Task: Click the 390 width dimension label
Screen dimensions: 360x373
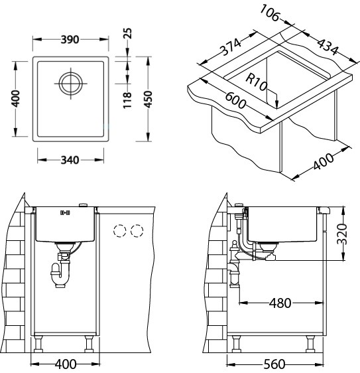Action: [70, 39]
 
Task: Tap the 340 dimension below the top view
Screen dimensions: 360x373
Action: [70, 160]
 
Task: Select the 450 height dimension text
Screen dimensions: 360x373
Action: [149, 99]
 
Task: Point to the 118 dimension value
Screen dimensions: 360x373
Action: [127, 100]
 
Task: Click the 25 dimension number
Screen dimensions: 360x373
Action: [127, 33]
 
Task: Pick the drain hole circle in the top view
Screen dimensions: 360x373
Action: [71, 84]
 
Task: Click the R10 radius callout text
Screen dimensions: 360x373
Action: [257, 82]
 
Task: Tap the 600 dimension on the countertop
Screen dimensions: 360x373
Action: [235, 100]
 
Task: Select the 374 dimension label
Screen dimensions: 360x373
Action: [230, 47]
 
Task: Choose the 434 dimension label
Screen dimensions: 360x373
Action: [328, 46]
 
